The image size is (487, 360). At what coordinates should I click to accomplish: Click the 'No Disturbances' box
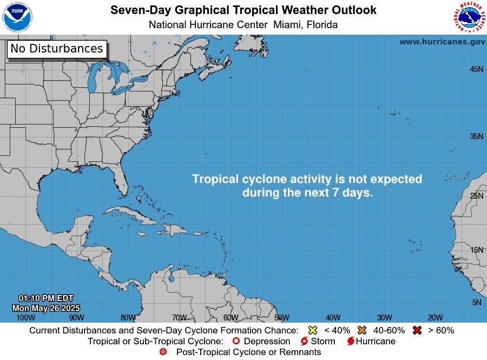click(57, 49)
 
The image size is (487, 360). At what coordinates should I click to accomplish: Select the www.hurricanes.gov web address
click(442, 42)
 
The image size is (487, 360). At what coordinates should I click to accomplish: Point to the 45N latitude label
click(476, 69)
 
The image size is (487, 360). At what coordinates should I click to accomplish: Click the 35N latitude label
click(476, 136)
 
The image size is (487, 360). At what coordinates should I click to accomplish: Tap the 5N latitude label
click(476, 303)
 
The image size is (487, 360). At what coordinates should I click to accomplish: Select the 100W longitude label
click(25, 318)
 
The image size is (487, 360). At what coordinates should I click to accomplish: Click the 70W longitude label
click(179, 318)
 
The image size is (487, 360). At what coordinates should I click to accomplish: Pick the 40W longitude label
click(333, 318)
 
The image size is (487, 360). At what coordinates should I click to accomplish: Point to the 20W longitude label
click(435, 318)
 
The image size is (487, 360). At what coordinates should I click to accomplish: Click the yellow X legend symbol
click(312, 330)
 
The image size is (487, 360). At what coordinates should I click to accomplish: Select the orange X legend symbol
click(362, 330)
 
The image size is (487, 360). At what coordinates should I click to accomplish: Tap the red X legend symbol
click(417, 330)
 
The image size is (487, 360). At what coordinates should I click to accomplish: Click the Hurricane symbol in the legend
click(351, 342)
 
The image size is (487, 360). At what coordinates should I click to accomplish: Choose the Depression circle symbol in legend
click(235, 342)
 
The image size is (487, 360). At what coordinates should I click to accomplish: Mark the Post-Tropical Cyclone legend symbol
click(163, 352)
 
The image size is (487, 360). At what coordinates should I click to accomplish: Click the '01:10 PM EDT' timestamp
click(46, 298)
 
